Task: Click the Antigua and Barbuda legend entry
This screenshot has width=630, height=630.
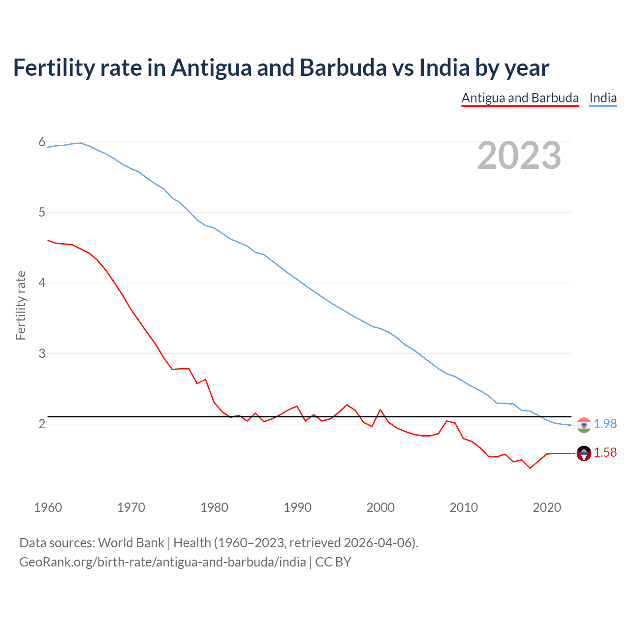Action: [x=520, y=98]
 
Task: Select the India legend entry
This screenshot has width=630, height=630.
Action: [x=603, y=98]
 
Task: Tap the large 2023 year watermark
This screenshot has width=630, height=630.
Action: [x=519, y=156]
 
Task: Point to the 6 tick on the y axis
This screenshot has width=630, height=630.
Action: [x=42, y=142]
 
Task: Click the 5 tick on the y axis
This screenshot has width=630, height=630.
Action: [x=42, y=213]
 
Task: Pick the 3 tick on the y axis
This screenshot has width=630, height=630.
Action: [x=42, y=353]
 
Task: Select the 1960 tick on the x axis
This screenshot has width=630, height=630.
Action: [x=48, y=507]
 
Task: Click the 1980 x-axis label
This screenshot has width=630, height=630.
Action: [x=214, y=507]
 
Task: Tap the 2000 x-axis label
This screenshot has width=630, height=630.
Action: [x=380, y=507]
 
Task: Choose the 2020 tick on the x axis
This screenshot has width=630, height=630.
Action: [x=547, y=507]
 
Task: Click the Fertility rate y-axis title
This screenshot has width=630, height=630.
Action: [x=21, y=305]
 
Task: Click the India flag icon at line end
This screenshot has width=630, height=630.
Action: [x=584, y=425]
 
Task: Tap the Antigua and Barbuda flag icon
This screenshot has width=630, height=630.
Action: [x=584, y=453]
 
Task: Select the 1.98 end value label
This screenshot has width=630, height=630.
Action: [x=605, y=424]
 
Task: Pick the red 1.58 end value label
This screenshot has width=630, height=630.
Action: [x=605, y=452]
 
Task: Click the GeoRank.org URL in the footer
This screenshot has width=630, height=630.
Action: [x=162, y=562]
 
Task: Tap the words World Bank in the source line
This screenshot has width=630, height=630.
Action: [x=131, y=543]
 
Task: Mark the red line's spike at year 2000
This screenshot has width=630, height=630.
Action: [x=380, y=409]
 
